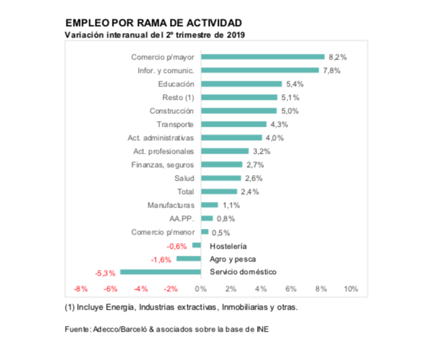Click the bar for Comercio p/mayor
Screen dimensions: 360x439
[x=263, y=57]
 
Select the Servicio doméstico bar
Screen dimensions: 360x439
[x=161, y=272]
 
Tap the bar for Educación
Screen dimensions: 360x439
[x=241, y=84]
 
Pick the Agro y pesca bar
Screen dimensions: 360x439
[x=188, y=259]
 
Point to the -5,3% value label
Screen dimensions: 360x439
[x=106, y=273]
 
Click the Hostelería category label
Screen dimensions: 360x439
[x=228, y=245]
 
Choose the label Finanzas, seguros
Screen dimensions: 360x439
[x=164, y=164]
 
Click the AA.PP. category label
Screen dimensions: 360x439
[x=181, y=218]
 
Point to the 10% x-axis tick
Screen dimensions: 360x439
[x=350, y=289]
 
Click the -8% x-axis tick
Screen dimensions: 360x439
[x=81, y=289]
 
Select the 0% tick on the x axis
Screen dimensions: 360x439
[x=200, y=289]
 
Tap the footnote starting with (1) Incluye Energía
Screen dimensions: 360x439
[x=181, y=308]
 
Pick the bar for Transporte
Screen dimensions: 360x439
[x=234, y=124]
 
